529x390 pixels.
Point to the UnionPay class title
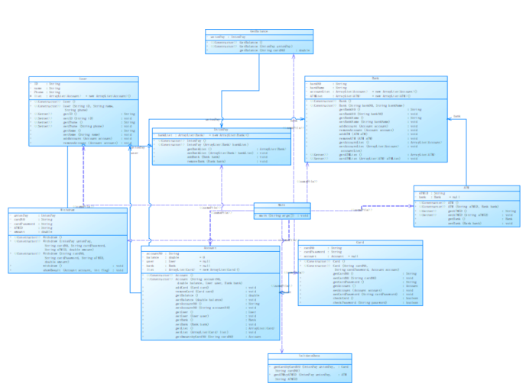click(221, 129)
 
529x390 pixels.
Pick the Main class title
click(282, 205)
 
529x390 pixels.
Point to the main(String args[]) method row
click(283, 216)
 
